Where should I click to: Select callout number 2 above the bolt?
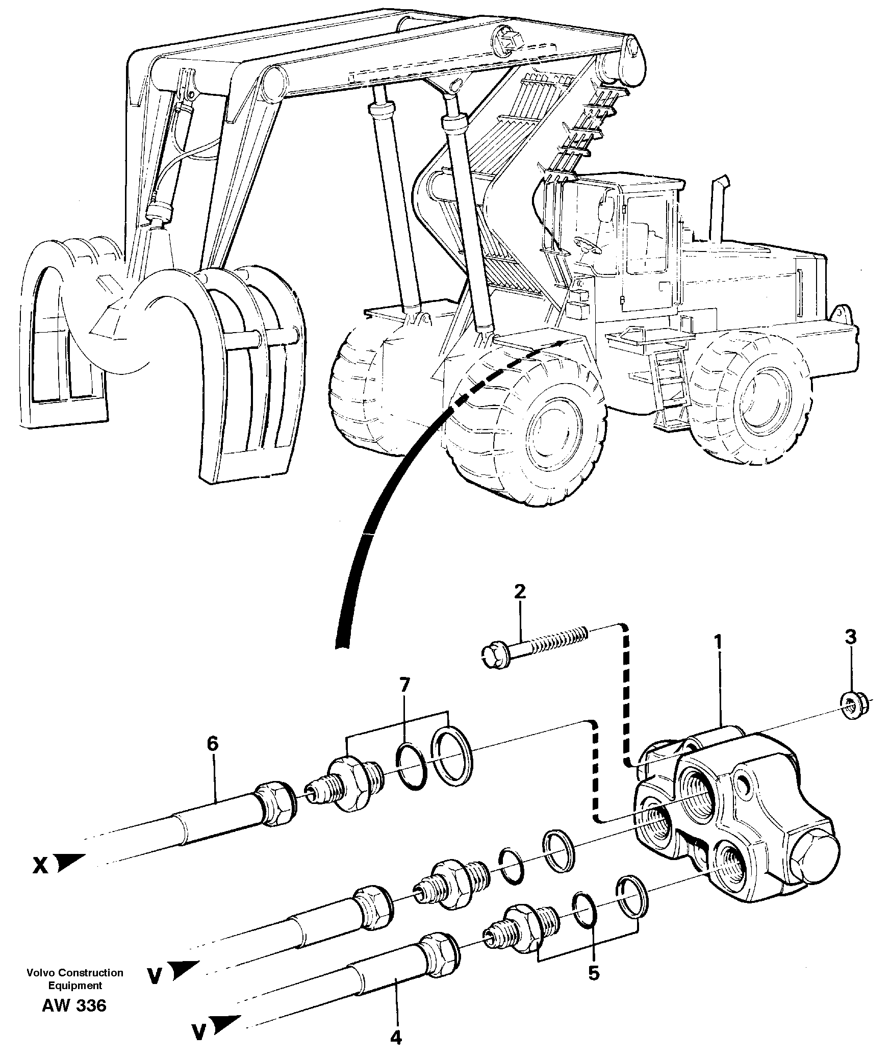pyautogui.click(x=519, y=593)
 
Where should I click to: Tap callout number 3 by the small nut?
pyautogui.click(x=850, y=638)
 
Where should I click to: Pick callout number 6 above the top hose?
pyautogui.click(x=212, y=744)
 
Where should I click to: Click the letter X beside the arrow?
pyautogui.click(x=41, y=866)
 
